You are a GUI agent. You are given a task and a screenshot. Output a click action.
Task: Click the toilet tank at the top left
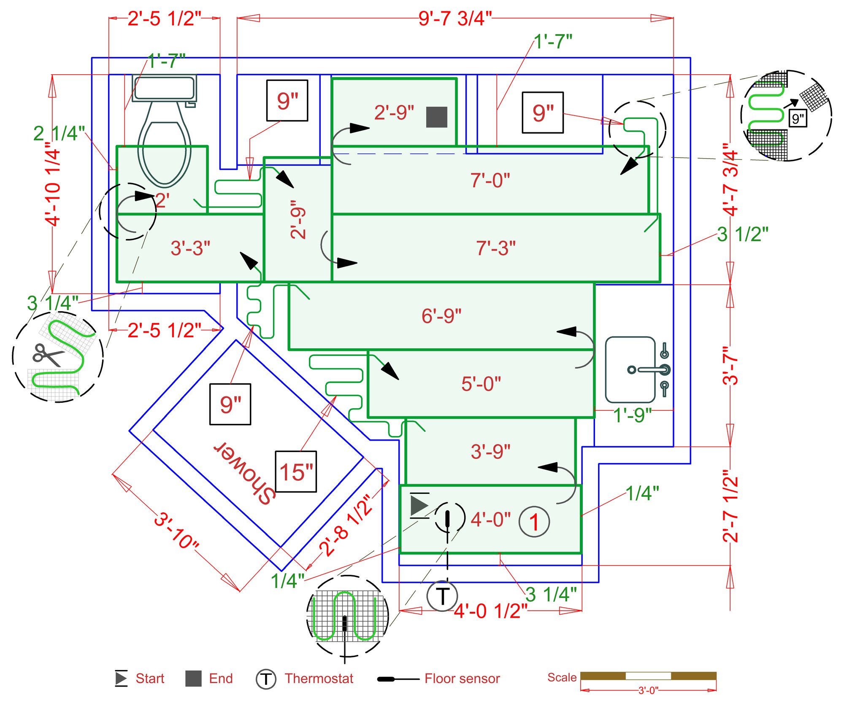click(164, 88)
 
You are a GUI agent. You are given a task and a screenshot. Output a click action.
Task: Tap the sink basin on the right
click(630, 369)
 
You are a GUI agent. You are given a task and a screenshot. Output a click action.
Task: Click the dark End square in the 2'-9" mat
click(436, 117)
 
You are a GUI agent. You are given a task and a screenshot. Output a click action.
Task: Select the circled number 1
click(534, 522)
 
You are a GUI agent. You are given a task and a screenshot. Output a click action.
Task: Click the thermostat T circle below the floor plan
click(442, 596)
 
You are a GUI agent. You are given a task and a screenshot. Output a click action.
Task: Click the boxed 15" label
click(296, 471)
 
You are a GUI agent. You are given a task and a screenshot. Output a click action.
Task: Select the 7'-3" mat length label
click(495, 248)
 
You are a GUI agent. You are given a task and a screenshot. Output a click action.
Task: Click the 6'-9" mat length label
click(441, 315)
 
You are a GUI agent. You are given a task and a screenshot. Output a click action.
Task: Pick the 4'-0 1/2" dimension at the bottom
click(490, 611)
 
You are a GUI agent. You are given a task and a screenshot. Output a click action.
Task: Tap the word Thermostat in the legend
click(319, 678)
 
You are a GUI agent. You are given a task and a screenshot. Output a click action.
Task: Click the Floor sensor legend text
click(462, 678)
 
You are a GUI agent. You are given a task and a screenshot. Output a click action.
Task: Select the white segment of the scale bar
click(648, 676)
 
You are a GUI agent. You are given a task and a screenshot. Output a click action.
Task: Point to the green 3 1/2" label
click(742, 234)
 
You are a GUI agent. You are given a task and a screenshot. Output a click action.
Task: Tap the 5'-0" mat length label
click(481, 384)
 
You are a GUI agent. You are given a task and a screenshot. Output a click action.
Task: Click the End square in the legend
click(193, 679)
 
